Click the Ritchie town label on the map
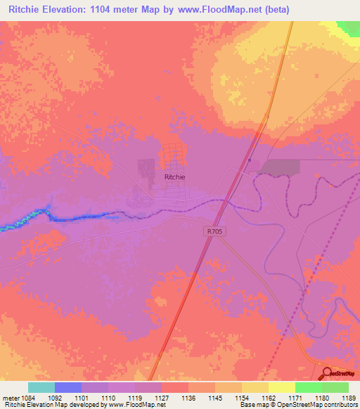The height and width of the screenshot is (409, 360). [x=174, y=178]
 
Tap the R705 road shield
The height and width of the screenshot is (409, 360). [x=214, y=231]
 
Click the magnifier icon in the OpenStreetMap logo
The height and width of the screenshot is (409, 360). [x=328, y=373]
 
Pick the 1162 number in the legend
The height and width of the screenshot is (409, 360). [x=269, y=397]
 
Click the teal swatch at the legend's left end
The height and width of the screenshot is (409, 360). [x=41, y=387]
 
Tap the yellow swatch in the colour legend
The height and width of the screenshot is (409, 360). [x=281, y=387]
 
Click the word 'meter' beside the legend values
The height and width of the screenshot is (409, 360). [x=11, y=397]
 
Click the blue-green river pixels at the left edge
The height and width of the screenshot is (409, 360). [x=14, y=226]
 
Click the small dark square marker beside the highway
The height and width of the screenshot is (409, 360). [x=250, y=160]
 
